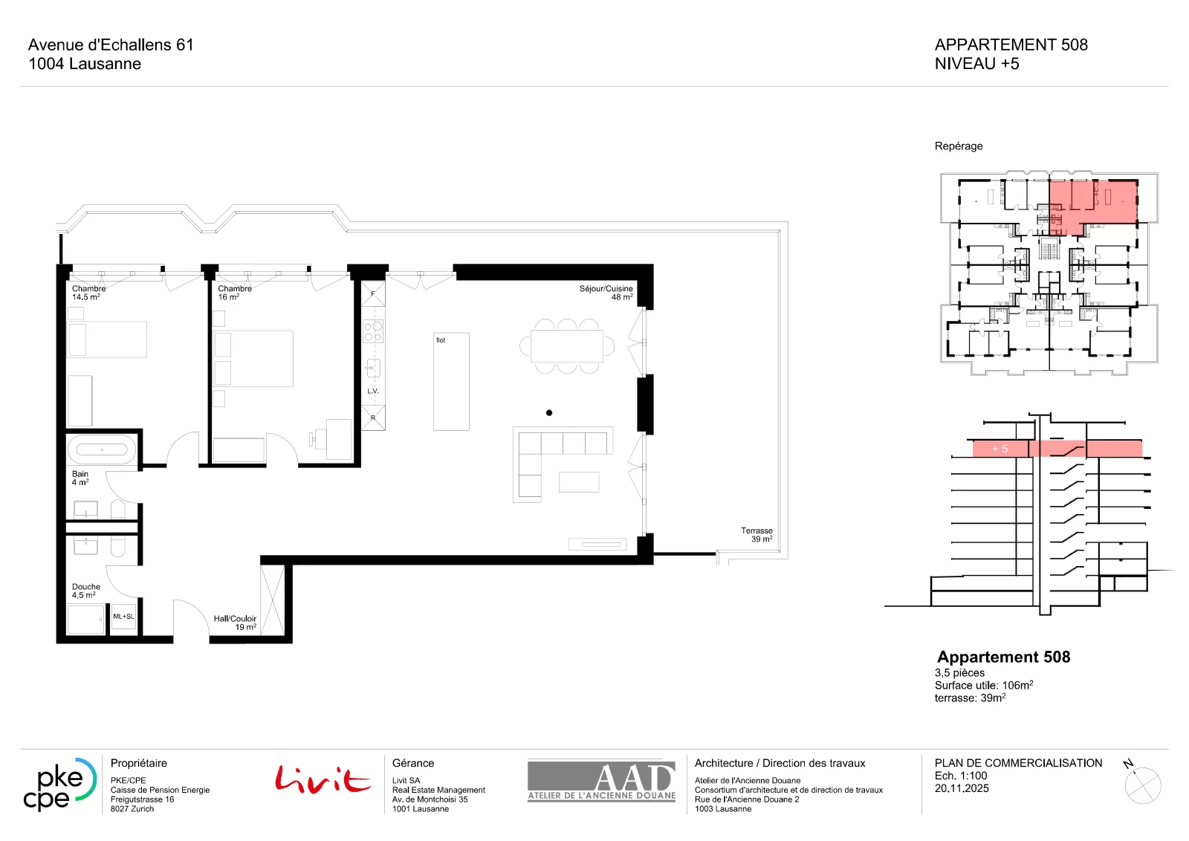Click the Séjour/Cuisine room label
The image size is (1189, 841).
click(x=606, y=293)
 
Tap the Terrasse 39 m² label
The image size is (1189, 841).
click(x=757, y=534)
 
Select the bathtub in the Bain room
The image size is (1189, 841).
click(x=102, y=450)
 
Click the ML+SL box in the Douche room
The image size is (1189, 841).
click(x=123, y=617)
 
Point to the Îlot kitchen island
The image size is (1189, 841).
click(x=451, y=381)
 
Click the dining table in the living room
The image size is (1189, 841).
click(x=567, y=346)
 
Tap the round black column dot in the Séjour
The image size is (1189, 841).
click(x=549, y=413)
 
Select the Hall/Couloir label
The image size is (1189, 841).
click(x=235, y=623)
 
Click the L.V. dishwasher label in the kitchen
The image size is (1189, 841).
click(x=372, y=391)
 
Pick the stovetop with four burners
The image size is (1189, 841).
click(x=373, y=331)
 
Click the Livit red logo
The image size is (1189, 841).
click(x=323, y=779)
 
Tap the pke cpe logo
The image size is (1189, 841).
click(x=59, y=785)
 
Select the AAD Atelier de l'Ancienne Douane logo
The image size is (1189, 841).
click(x=601, y=781)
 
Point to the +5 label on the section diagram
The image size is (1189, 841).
click(x=1000, y=449)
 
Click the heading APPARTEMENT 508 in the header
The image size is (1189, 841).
click(x=1011, y=45)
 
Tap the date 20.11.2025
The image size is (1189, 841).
click(x=962, y=788)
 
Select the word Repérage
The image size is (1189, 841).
click(x=959, y=146)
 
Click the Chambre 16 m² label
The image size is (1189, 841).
click(x=235, y=293)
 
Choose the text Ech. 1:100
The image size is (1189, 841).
click(x=961, y=776)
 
